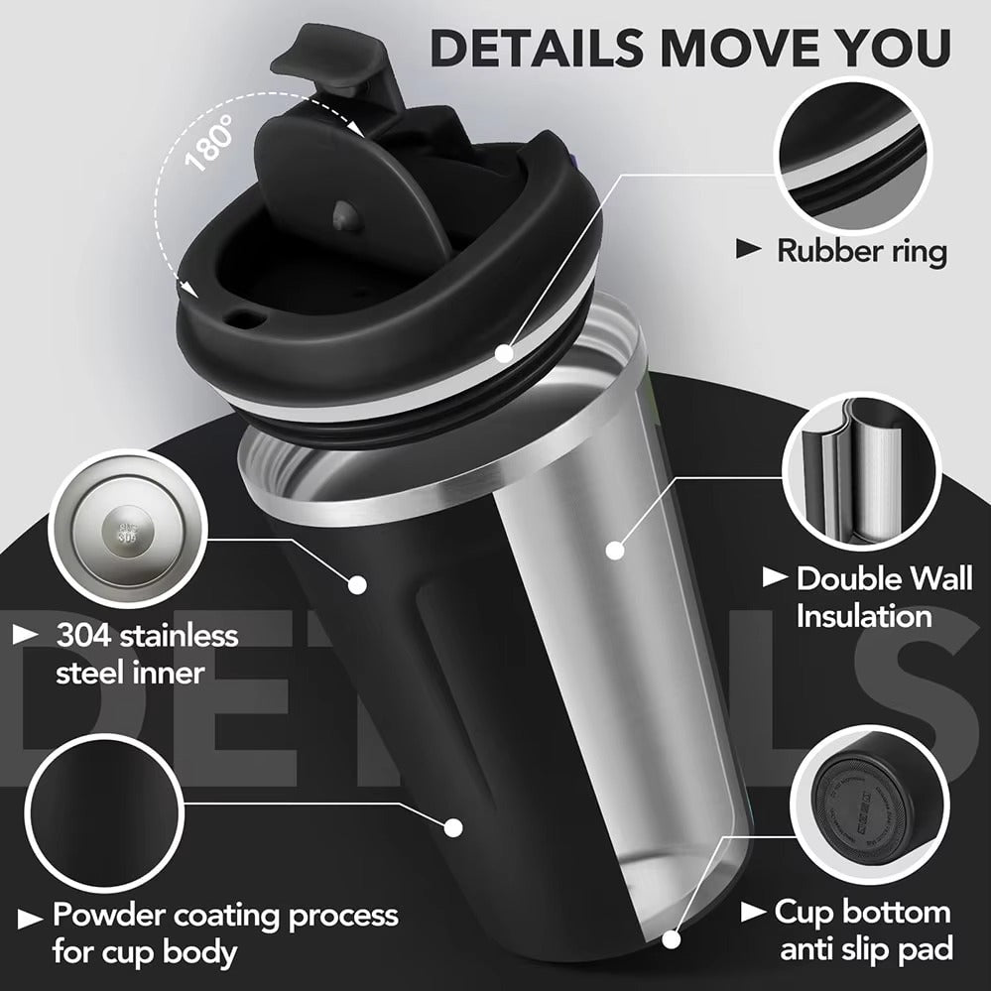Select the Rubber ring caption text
coord(861,250)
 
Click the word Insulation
coord(864,616)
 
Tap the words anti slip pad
coord(866,948)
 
